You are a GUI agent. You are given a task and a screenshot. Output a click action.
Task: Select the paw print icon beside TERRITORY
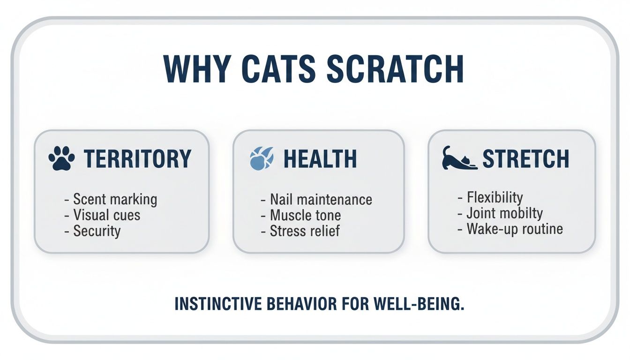tap(61, 159)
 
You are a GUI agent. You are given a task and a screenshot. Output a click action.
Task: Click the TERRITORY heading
tap(137, 159)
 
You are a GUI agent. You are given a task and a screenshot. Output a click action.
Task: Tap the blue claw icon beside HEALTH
tap(261, 159)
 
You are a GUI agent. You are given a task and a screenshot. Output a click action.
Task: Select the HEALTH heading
tap(320, 159)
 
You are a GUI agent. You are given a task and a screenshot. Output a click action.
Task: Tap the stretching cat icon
tap(459, 158)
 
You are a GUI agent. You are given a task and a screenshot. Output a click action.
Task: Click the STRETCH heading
tap(526, 159)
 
